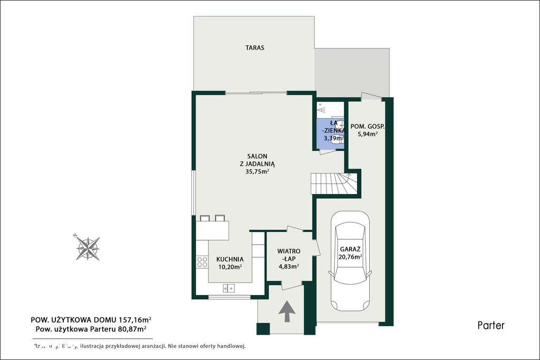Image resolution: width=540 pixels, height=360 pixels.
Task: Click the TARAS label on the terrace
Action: (254, 47)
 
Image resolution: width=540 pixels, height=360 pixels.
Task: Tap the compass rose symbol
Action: (88, 247)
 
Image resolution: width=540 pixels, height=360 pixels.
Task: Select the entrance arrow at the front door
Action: (286, 311)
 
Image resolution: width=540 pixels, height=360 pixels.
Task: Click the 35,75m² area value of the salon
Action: (257, 171)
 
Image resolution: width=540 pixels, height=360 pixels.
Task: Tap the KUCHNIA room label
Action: (230, 259)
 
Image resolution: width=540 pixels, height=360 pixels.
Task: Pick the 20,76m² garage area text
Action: (350, 257)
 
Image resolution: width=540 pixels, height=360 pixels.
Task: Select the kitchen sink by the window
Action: (229, 288)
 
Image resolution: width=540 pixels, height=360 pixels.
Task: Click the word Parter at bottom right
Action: (491, 325)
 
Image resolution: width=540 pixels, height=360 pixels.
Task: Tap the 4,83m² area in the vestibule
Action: (289, 266)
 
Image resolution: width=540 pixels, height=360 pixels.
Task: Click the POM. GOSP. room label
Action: (368, 127)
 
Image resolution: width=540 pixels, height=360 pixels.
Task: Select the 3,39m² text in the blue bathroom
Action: (333, 138)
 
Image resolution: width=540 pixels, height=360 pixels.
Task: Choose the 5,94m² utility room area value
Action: (368, 134)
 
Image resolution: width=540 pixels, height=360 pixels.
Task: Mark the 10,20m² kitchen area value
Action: (229, 267)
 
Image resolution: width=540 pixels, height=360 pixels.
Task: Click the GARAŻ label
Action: (350, 249)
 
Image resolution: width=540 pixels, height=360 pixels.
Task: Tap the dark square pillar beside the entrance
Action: (263, 328)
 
